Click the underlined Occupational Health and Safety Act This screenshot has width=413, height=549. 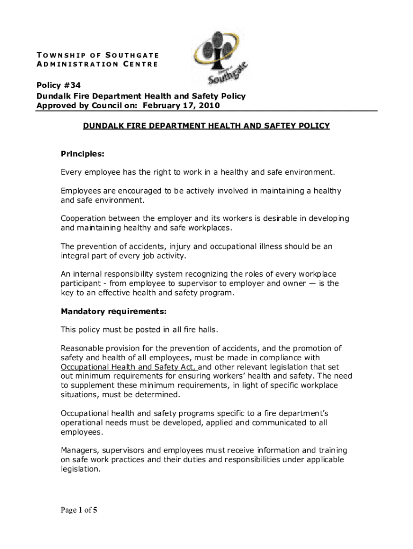pyautogui.click(x=129, y=367)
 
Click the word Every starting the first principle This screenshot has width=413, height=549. pyautogui.click(x=71, y=172)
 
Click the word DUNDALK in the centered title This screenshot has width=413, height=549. pyautogui.click(x=102, y=126)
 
